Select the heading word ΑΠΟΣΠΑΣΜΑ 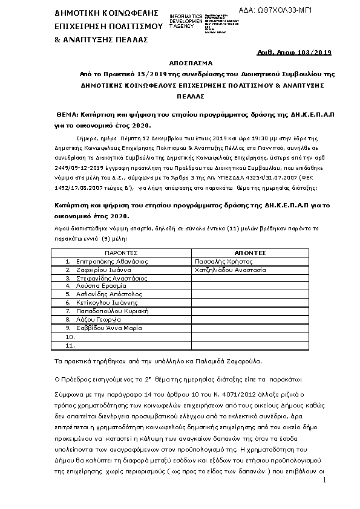(x=182, y=62)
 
